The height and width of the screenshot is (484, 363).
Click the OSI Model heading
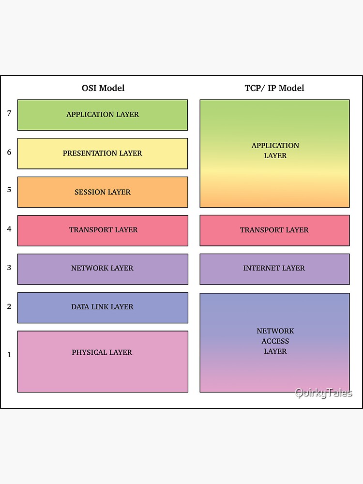pos(103,88)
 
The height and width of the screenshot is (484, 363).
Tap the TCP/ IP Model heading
pos(274,88)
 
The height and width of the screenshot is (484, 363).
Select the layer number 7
pos(9,113)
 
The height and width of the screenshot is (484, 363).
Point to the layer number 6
pos(9,152)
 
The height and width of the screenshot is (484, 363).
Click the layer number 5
pos(9,190)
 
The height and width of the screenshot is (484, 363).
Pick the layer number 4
pos(9,228)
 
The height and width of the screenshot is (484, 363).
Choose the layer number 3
pos(9,267)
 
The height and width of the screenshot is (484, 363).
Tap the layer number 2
pos(9,306)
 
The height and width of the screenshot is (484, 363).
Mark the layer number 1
pos(9,355)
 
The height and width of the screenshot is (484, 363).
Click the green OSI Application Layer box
pos(103,115)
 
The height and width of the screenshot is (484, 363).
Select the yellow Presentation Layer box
pos(103,153)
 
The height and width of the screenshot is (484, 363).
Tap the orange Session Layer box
pos(103,192)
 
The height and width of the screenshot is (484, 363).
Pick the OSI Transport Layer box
pos(103,230)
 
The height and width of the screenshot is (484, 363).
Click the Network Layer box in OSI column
pos(103,269)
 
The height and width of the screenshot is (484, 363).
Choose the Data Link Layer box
pos(103,307)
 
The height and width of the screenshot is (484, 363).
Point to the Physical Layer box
pos(103,361)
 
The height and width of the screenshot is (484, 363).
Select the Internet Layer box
pos(274,269)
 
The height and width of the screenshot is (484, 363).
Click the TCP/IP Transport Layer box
pos(274,230)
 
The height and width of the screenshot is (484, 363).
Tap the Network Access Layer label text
pos(275,341)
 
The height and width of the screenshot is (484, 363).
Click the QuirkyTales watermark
pos(324,393)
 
